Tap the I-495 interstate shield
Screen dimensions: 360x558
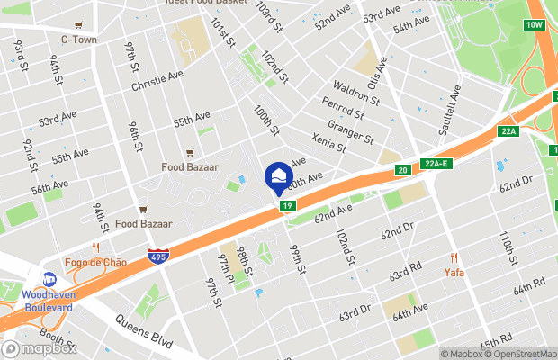(157, 258)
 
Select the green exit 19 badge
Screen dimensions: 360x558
(287, 206)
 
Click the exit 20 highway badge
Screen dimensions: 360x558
(401, 169)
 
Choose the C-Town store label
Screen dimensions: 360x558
(78, 40)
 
